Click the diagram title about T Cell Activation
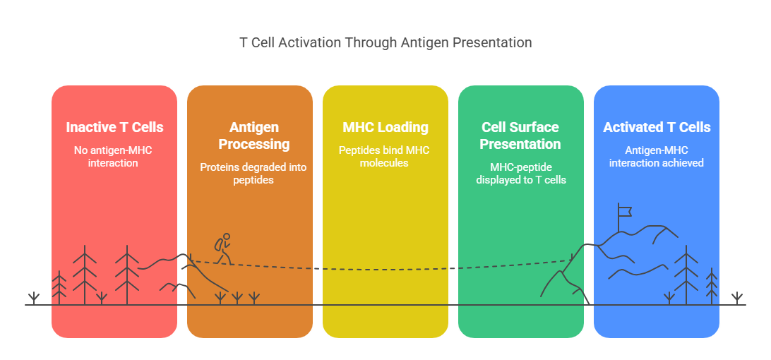click(385, 42)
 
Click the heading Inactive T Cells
click(114, 128)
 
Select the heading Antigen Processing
click(249, 136)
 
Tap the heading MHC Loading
click(385, 128)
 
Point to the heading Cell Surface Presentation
click(520, 136)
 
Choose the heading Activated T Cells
click(657, 128)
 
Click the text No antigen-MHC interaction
click(114, 157)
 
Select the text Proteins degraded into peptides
click(249, 174)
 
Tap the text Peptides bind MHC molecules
click(385, 157)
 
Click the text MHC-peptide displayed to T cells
click(520, 174)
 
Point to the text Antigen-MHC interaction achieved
click(657, 157)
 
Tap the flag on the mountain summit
click(623, 210)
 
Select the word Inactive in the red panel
click(91, 128)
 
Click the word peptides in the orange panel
click(249, 180)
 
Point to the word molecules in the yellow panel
click(385, 163)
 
